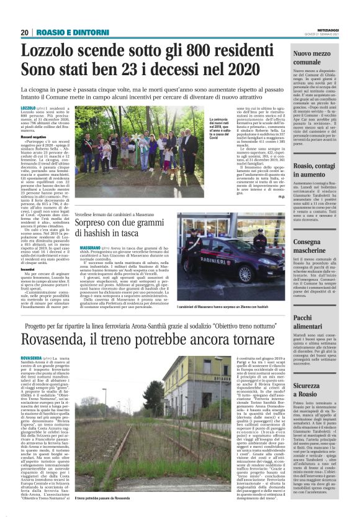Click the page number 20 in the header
tap(25, 32)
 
